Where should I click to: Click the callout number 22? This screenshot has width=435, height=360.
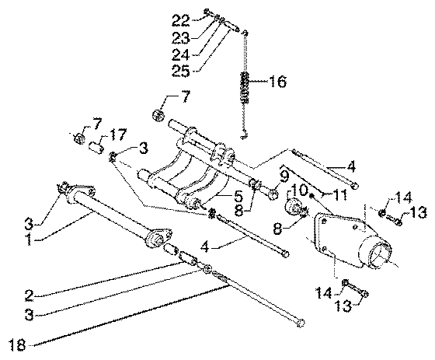pyautogui.click(x=181, y=20)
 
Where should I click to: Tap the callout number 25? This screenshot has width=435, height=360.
pyautogui.click(x=180, y=71)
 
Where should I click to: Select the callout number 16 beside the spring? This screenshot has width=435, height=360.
pyautogui.click(x=277, y=82)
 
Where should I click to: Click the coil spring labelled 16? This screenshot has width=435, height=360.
pyautogui.click(x=245, y=87)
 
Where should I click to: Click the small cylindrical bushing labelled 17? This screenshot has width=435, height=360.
pyautogui.click(x=97, y=147)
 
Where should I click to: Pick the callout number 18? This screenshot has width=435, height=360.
pyautogui.click(x=17, y=344)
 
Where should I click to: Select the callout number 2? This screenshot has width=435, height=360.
pyautogui.click(x=30, y=295)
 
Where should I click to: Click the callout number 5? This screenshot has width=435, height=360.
pyautogui.click(x=238, y=196)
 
